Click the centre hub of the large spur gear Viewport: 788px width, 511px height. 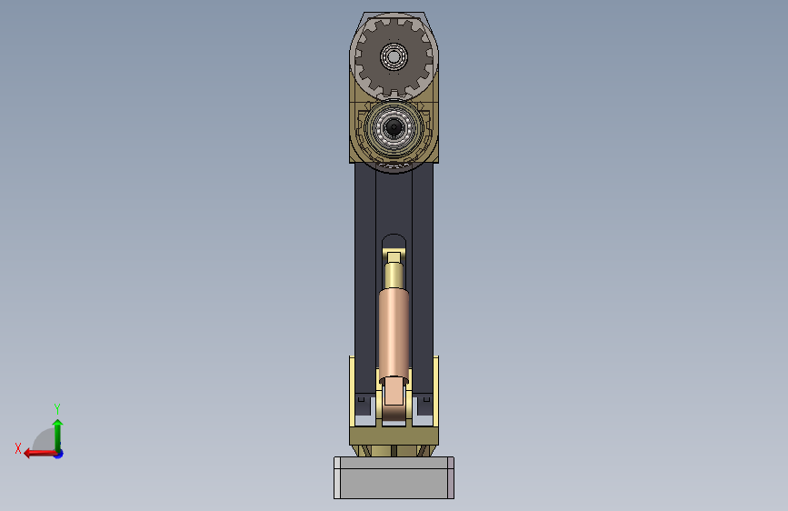(394, 55)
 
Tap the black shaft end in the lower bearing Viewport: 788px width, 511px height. (394, 127)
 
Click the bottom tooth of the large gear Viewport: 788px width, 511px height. (394, 94)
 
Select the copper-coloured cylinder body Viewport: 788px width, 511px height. (394, 335)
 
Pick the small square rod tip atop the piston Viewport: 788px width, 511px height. (394, 258)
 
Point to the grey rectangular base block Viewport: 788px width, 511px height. (394, 477)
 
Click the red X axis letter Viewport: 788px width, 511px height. (18, 448)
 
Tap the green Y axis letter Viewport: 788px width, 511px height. (57, 408)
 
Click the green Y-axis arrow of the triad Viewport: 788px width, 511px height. (58, 436)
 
